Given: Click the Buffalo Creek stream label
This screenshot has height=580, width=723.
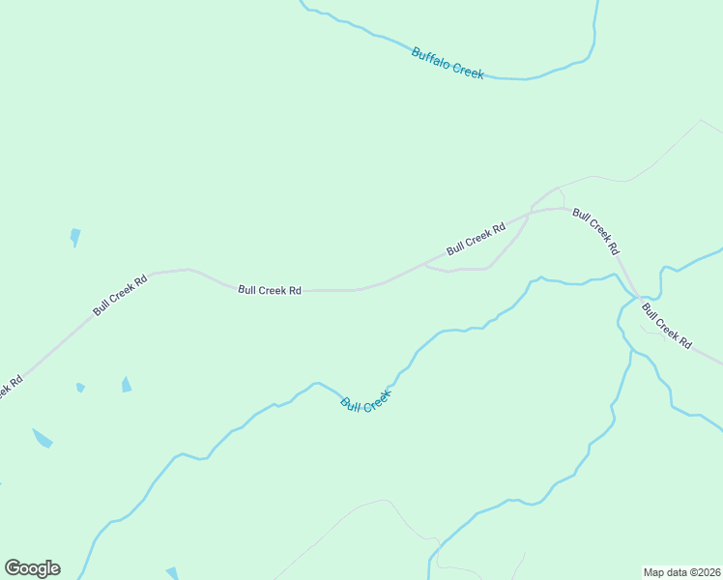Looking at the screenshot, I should [x=447, y=63].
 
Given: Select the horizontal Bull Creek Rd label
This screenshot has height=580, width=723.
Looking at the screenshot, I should [x=270, y=289].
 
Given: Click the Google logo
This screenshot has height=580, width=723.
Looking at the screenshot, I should [x=32, y=568].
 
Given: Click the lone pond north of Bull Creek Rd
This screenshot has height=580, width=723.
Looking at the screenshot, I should [x=75, y=237].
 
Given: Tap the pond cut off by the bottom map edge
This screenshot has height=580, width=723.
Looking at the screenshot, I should [x=172, y=573].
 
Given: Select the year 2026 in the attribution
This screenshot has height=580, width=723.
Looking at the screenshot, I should [x=707, y=571].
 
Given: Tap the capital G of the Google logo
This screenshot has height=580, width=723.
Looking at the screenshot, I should [x=14, y=568].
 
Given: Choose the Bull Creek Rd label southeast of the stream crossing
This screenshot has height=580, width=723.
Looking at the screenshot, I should [x=667, y=326].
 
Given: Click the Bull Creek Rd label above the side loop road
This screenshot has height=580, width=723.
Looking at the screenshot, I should [x=477, y=240].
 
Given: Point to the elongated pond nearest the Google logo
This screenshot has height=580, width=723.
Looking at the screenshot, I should [x=42, y=438].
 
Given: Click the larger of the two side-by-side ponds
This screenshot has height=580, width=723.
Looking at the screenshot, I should [x=127, y=384].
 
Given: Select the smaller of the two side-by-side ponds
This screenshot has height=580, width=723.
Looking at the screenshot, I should [x=80, y=388].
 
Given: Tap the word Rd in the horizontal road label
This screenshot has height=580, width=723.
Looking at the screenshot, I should [x=295, y=289].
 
